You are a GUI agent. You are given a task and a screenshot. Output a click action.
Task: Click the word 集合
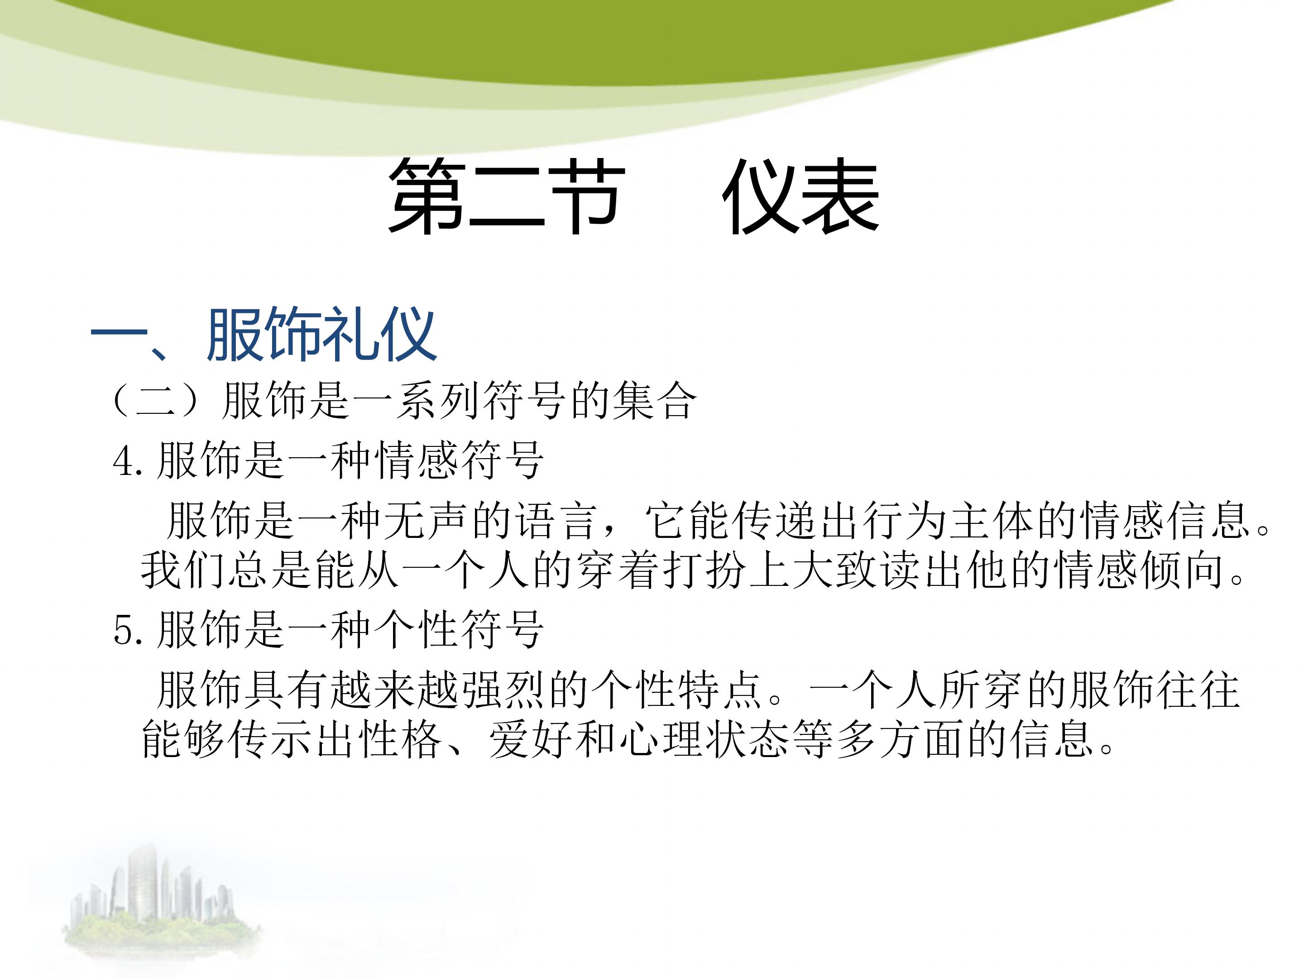[x=654, y=400]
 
